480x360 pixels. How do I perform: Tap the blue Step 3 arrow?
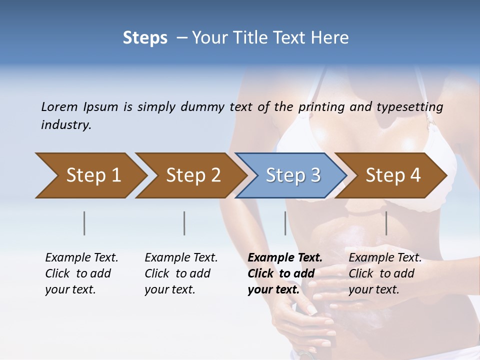(x=293, y=175)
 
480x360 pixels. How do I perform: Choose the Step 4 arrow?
(x=393, y=175)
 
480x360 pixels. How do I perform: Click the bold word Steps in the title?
(x=145, y=38)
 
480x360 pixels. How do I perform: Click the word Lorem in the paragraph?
(x=59, y=106)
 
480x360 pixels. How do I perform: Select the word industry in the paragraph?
(x=66, y=125)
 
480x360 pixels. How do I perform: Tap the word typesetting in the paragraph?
(x=410, y=106)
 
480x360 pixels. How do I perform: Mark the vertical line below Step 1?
(x=84, y=223)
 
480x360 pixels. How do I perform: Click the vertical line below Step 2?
(x=184, y=223)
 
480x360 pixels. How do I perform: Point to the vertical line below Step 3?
(x=285, y=223)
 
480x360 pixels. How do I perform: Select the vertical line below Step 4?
(x=386, y=223)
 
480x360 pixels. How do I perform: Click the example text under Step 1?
(x=81, y=273)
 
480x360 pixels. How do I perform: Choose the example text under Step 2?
(x=181, y=273)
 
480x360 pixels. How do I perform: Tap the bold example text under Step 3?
(x=284, y=273)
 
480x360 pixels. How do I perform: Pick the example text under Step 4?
(x=385, y=273)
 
